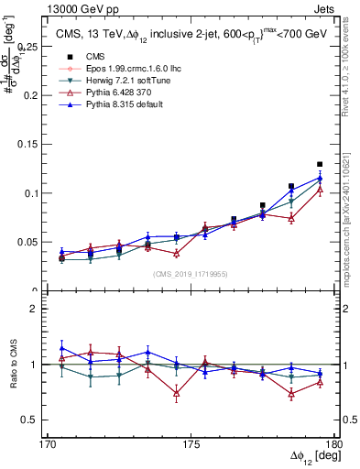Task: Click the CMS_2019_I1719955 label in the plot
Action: [x=190, y=273]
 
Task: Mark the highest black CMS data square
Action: [x=320, y=164]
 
